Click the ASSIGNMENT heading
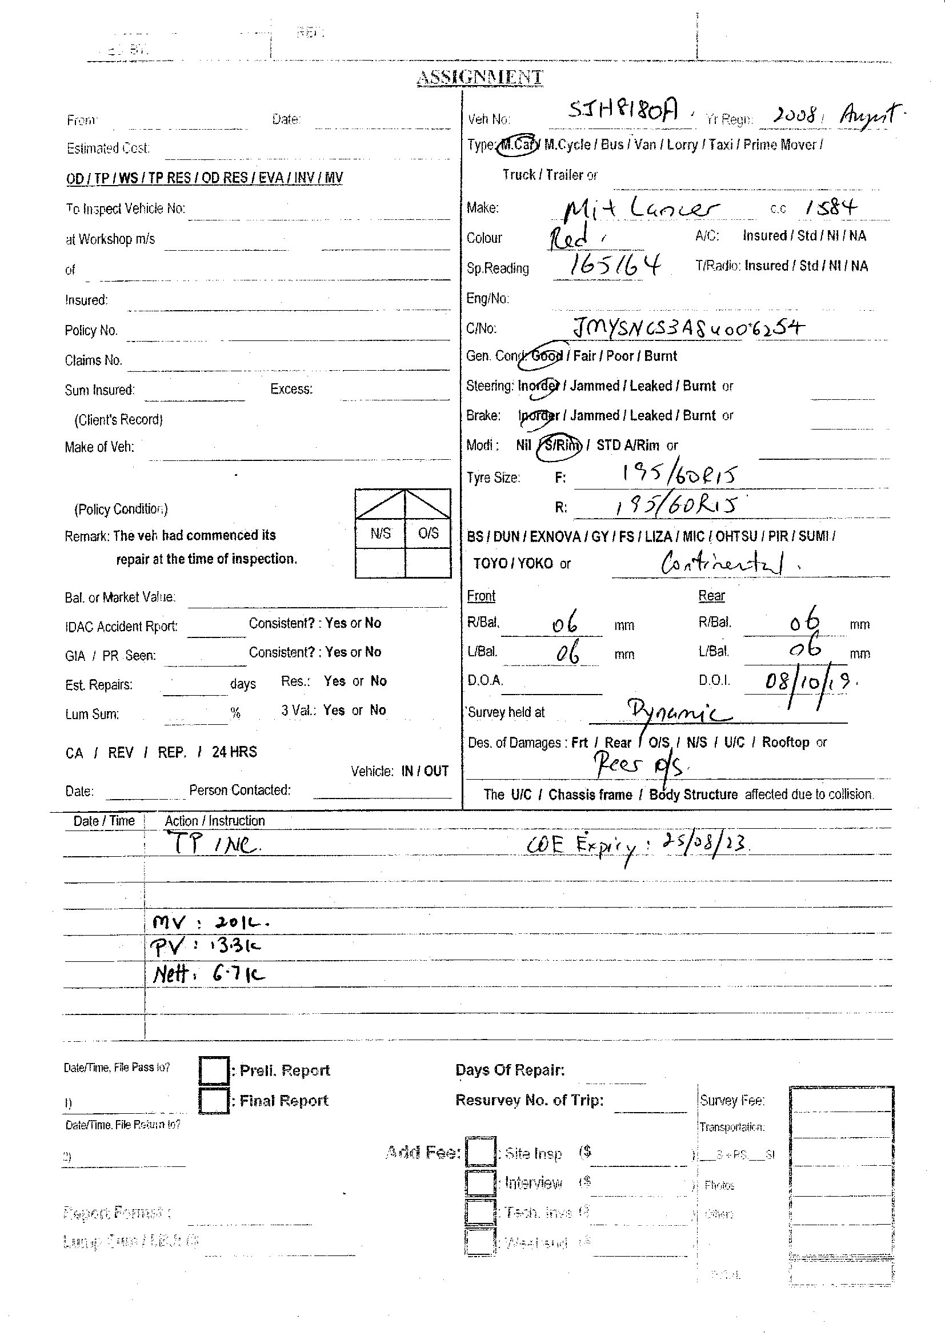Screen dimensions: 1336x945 click(x=479, y=77)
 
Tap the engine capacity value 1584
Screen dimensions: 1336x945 click(x=831, y=207)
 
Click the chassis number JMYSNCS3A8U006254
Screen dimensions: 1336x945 click(x=688, y=329)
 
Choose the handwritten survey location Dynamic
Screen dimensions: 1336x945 click(x=678, y=711)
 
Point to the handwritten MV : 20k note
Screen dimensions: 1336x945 click(x=210, y=922)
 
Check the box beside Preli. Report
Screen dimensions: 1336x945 click(x=214, y=1070)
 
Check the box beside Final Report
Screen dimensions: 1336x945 click(x=214, y=1101)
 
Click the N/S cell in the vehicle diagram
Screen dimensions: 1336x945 click(x=380, y=533)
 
